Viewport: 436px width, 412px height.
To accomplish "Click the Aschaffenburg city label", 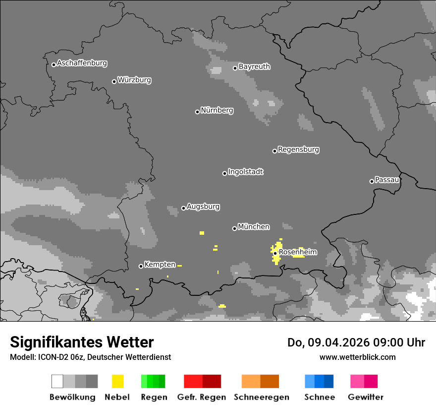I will (x=82, y=63).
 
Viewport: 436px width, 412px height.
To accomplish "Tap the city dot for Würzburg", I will (x=114, y=81).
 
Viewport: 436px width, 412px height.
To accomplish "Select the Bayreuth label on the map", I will (x=254, y=67).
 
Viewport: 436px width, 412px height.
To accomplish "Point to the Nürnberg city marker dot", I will (x=197, y=112).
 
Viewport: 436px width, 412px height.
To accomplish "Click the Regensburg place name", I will (x=298, y=149).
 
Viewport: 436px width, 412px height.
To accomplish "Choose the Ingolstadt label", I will (x=245, y=172).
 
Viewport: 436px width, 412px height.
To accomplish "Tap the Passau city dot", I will (x=372, y=181).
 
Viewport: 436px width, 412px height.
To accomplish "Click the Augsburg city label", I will (x=203, y=206).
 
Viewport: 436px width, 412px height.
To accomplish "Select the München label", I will (x=254, y=227).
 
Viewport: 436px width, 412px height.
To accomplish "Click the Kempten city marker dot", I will (x=141, y=267).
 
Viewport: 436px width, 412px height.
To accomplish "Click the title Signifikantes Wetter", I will (x=82, y=342).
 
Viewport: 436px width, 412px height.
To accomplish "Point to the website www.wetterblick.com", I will (x=357, y=357).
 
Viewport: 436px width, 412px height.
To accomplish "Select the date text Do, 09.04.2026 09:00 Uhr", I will (x=356, y=343).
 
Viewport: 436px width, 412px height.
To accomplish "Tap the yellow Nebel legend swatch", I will (x=117, y=381).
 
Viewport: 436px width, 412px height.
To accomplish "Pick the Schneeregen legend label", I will (x=261, y=397).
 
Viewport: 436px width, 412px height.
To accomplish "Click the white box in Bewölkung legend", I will (x=57, y=381).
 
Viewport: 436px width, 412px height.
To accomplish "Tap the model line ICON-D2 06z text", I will (x=90, y=357).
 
